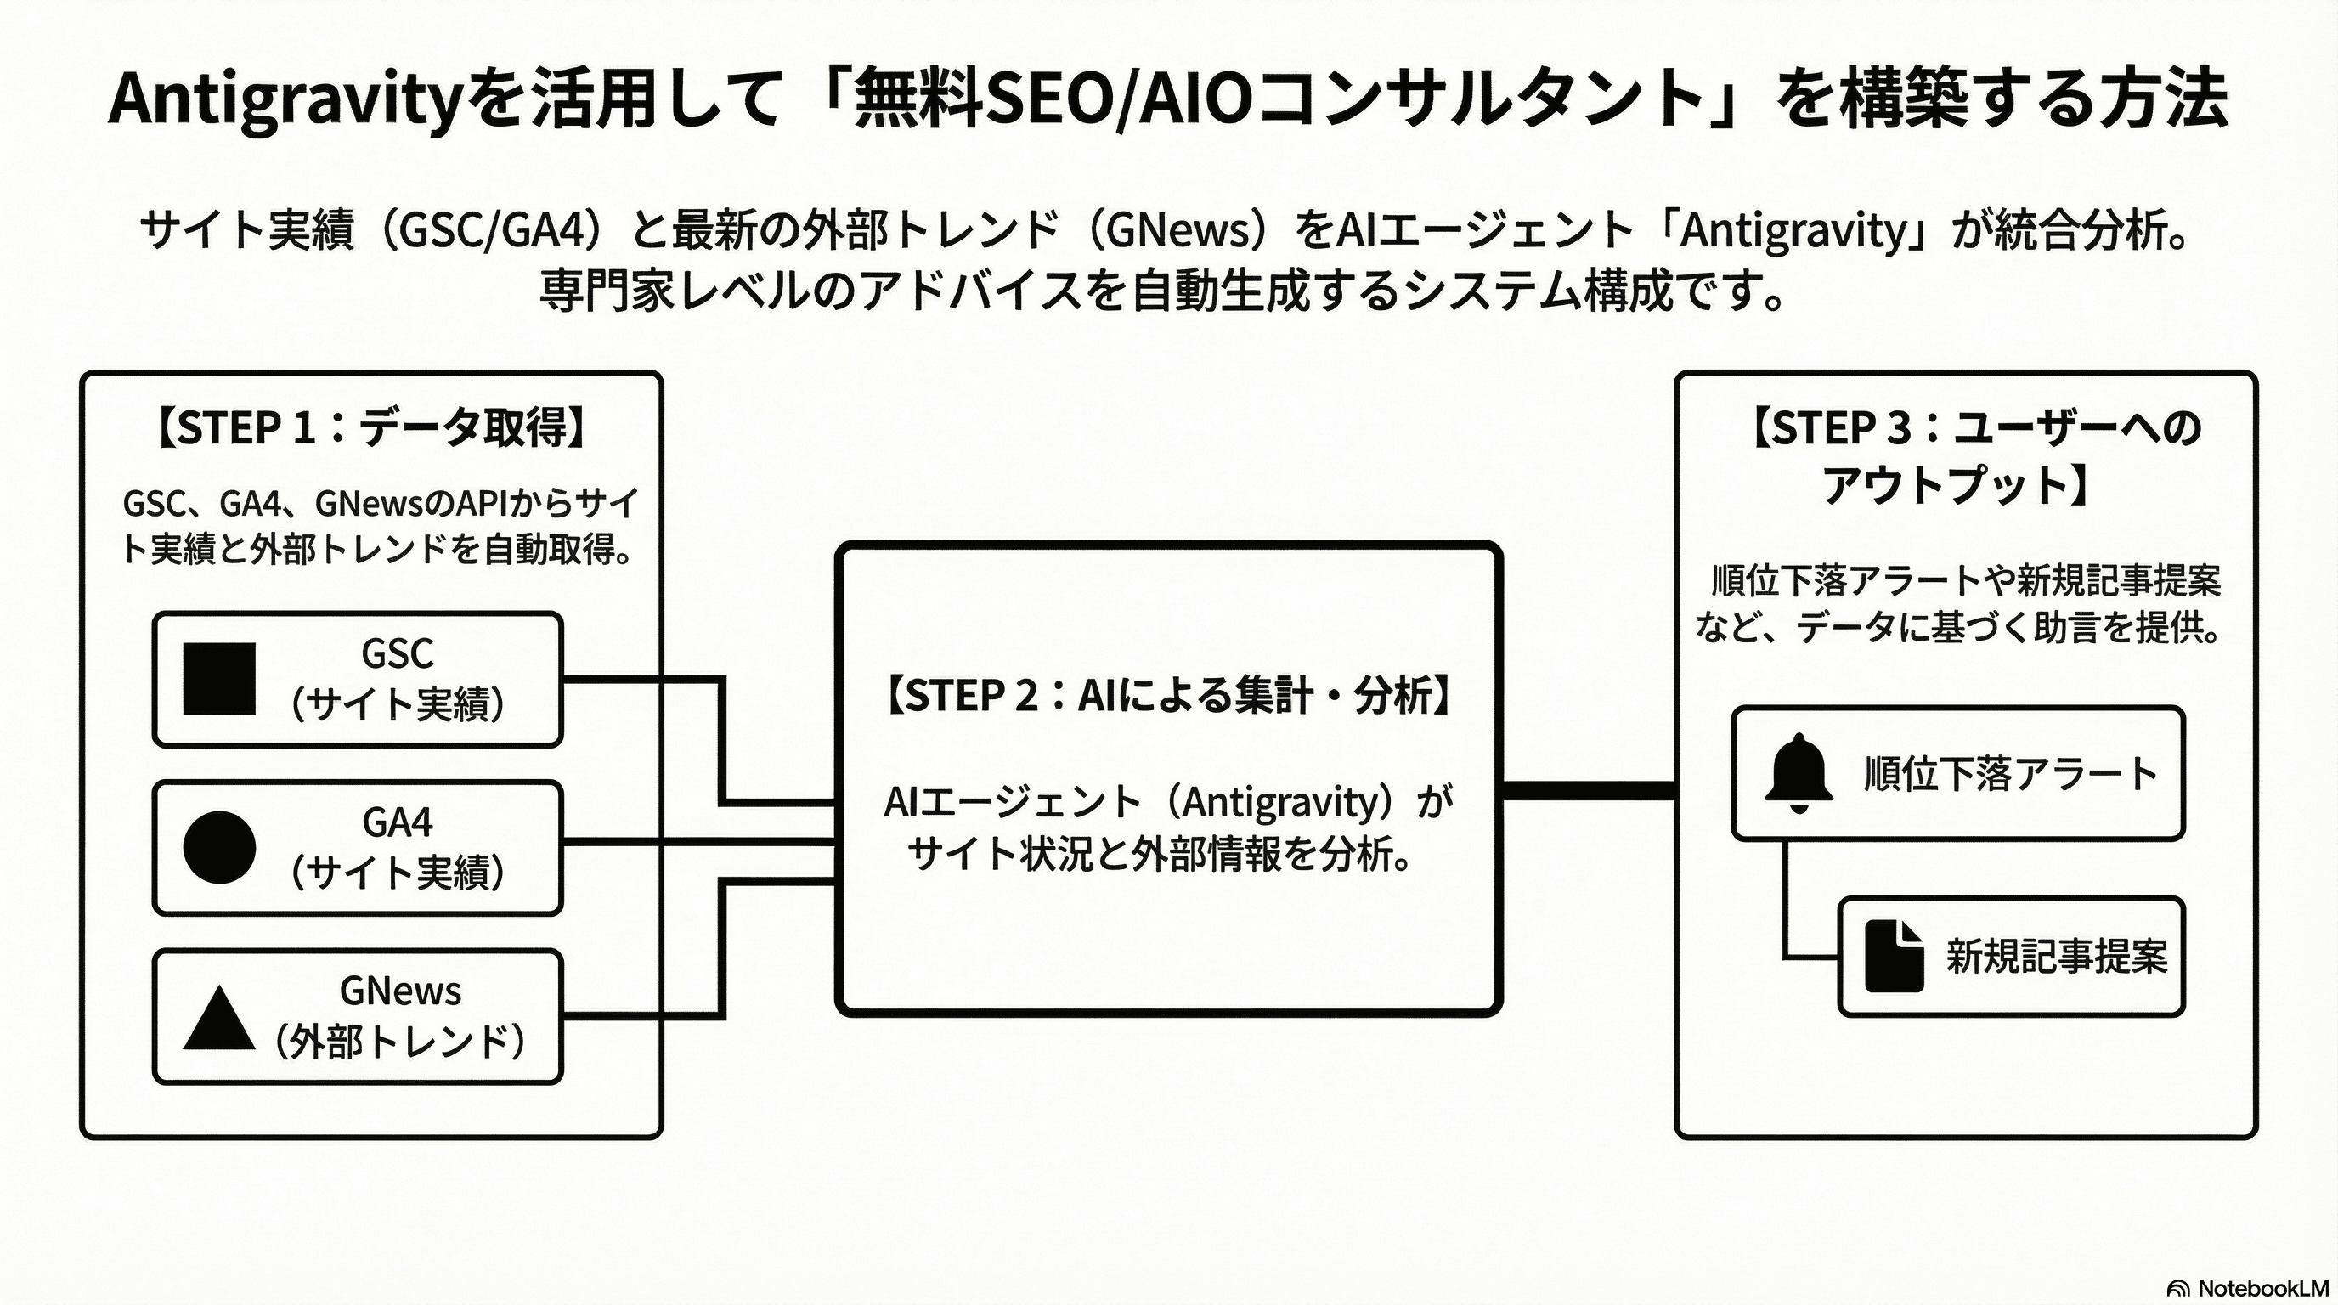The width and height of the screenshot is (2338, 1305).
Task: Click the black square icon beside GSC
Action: [x=218, y=679]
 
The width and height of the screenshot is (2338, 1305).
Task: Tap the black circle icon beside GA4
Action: [x=218, y=847]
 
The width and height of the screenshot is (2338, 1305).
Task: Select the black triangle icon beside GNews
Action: [x=218, y=1018]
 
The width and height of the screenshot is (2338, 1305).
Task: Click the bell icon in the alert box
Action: [x=1798, y=773]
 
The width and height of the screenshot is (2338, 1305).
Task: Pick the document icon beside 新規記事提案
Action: [x=1894, y=957]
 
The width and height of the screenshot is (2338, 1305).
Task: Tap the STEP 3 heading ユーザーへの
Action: [x=2077, y=427]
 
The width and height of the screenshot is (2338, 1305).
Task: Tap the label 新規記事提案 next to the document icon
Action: [x=2056, y=957]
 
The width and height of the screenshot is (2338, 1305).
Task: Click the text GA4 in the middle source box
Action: [x=398, y=822]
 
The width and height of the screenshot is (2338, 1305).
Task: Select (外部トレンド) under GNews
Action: [x=399, y=1042]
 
